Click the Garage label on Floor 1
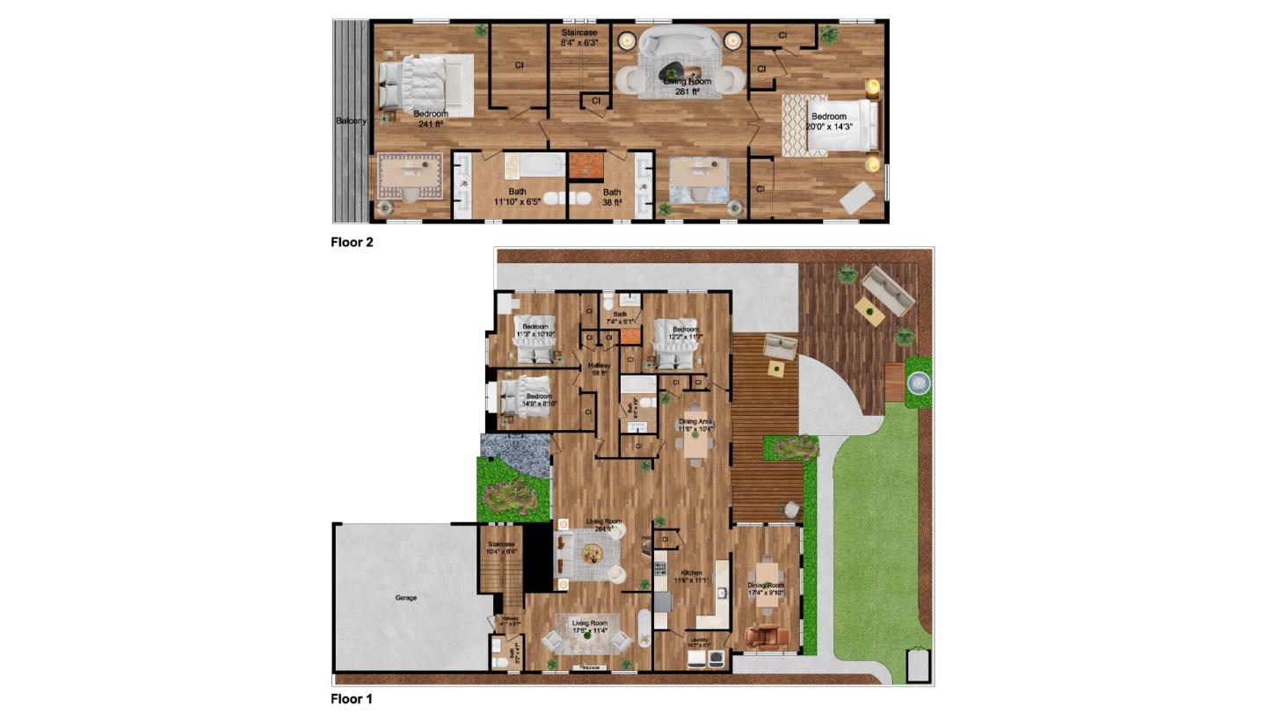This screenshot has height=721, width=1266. [406, 598]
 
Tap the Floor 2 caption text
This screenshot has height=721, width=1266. [352, 243]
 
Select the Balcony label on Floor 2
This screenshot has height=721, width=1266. [351, 120]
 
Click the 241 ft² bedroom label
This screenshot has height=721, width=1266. [431, 119]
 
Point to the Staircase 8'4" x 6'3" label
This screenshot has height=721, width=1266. [579, 37]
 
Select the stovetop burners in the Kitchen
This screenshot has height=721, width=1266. [659, 572]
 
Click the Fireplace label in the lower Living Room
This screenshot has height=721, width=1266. [589, 667]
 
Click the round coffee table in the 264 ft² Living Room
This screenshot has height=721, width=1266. [591, 554]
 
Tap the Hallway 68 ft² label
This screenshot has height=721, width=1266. [600, 369]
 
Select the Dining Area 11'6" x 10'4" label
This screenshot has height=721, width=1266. [695, 425]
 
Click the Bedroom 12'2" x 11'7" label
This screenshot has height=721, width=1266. [685, 333]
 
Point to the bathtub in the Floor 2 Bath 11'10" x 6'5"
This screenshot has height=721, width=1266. [535, 164]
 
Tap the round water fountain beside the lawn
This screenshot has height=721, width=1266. [918, 382]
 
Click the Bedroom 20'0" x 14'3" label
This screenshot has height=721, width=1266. [829, 121]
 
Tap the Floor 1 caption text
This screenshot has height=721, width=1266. [352, 699]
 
